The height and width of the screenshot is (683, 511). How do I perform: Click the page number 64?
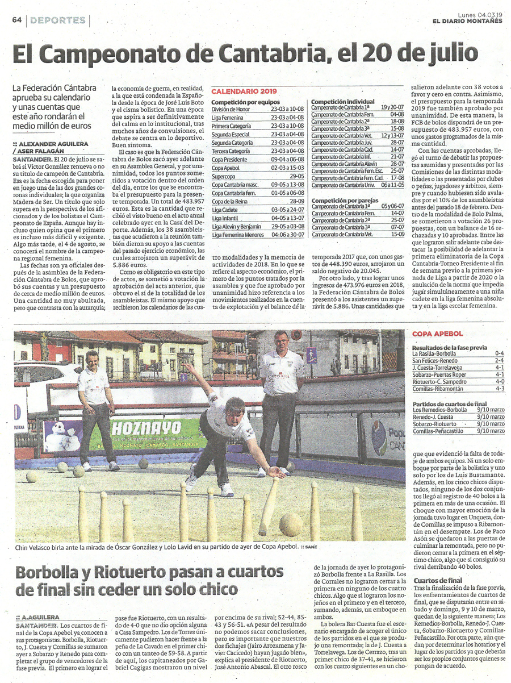[16, 20]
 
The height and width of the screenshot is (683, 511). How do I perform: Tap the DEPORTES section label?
[58, 20]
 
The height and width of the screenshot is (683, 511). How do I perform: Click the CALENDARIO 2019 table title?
[244, 91]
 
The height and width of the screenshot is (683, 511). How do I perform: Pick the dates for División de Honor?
[288, 109]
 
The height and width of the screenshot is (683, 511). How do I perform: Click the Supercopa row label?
[224, 177]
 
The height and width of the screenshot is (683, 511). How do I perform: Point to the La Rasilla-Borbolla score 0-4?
[499, 353]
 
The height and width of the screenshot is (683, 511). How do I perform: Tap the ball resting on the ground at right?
[290, 525]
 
